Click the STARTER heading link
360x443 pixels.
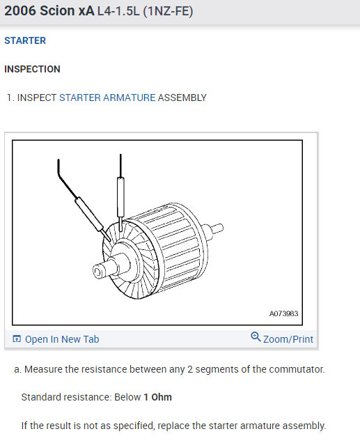pyautogui.click(x=25, y=40)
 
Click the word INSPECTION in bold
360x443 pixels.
pyautogui.click(x=32, y=69)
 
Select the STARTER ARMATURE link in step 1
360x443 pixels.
pyautogui.click(x=107, y=98)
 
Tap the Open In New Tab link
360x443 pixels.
pyautogui.click(x=62, y=339)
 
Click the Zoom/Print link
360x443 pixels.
pyautogui.click(x=288, y=339)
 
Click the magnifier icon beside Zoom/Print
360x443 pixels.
pyautogui.click(x=256, y=338)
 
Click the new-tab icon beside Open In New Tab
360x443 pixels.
pyautogui.click(x=17, y=339)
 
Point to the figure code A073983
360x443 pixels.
pyautogui.click(x=283, y=313)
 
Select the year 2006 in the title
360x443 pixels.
pyautogui.click(x=22, y=12)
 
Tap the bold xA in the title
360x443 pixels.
pyautogui.click(x=86, y=12)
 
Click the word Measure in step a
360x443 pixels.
pyautogui.click(x=44, y=368)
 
